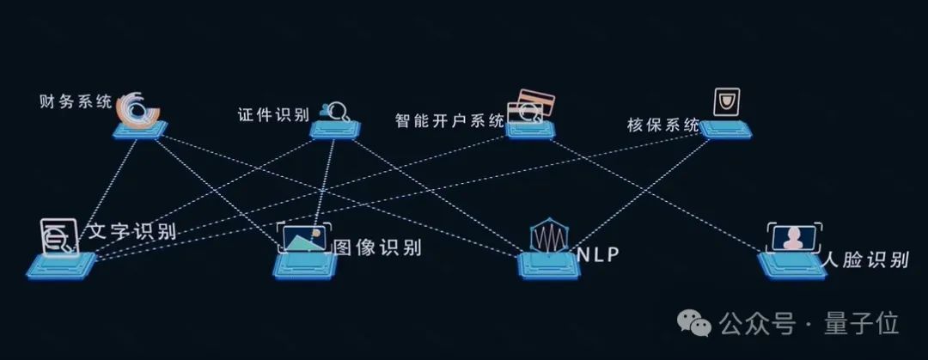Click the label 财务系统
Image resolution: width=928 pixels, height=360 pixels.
75,102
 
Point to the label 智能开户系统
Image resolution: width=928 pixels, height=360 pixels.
449,120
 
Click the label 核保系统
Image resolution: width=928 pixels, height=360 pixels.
663,125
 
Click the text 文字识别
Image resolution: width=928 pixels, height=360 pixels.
132,232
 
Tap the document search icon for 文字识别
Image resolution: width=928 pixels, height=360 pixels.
58,236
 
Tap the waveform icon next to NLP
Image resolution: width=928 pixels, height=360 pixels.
548,235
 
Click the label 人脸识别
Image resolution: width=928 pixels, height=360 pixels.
864,259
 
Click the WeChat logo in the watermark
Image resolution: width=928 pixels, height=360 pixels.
695,323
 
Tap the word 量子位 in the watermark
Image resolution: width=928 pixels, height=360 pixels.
862,324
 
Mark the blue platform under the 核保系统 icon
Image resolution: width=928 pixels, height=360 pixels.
727,129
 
